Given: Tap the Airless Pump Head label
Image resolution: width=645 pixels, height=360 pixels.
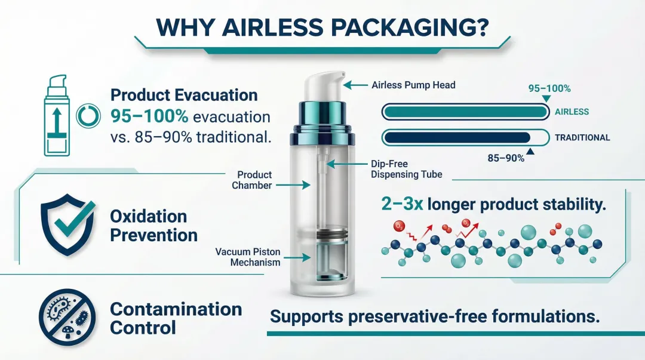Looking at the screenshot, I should point(413,85).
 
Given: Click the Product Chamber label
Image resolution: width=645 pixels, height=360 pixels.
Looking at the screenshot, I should point(254,180).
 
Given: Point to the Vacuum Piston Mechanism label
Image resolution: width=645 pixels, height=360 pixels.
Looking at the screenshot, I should point(248,257).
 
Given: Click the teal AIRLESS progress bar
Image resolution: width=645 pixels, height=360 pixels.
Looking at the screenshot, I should point(464,112).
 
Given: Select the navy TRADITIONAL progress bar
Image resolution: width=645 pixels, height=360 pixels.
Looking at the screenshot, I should point(457,138).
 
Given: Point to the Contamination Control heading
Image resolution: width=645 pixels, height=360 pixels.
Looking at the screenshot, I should point(176,318).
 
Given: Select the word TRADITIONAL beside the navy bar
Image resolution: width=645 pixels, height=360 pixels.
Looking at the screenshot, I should point(582,138).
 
